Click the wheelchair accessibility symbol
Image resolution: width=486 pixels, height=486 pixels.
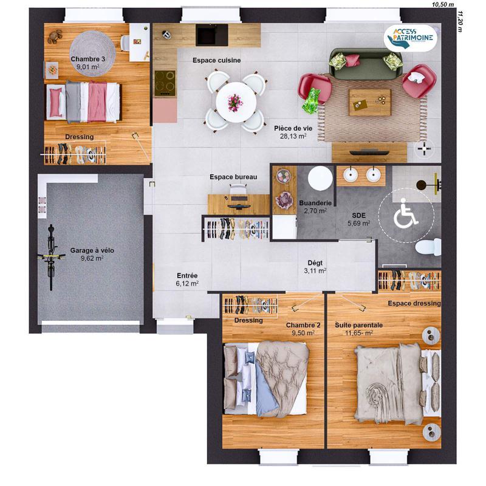405,216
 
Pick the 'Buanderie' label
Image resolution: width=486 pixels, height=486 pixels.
315,203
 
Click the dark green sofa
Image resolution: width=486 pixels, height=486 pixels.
366,63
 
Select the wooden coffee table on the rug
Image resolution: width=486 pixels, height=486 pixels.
369,101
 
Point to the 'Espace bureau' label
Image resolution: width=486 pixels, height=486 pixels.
233,177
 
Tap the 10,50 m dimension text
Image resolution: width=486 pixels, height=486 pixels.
443,4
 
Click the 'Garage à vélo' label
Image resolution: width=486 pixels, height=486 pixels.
92,250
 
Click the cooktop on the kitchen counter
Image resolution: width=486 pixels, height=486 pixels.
164,84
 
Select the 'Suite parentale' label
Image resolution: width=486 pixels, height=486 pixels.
358,325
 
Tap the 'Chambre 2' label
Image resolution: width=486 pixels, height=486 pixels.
303,325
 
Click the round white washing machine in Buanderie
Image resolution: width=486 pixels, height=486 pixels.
319,179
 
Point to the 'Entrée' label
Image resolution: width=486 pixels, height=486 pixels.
187,275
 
